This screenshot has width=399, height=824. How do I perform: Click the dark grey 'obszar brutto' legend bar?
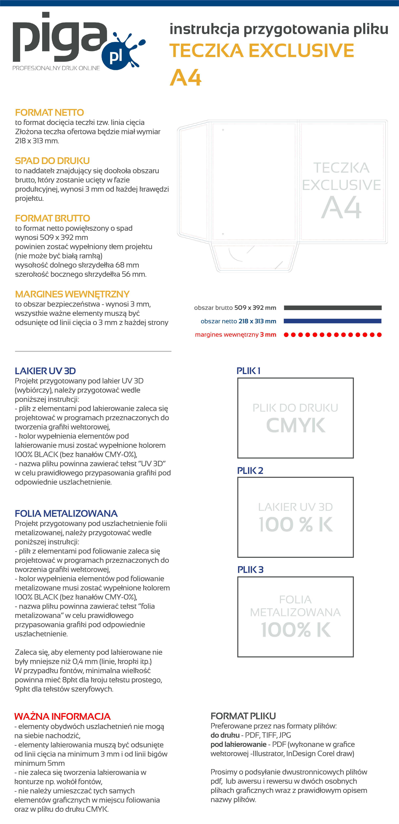[x=332, y=308]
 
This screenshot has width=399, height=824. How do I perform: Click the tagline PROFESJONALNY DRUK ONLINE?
[x=56, y=68]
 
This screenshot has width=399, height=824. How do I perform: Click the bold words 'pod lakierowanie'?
[x=238, y=744]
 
